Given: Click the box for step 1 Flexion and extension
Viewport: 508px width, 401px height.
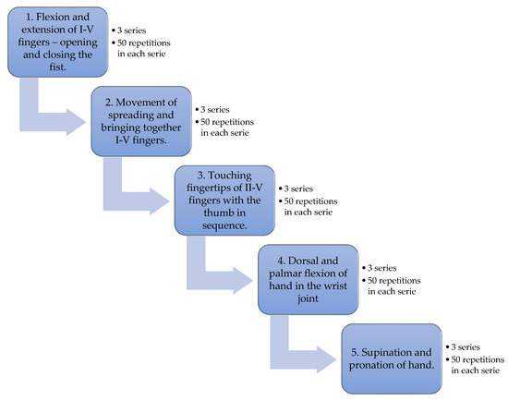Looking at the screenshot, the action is tap(57, 43).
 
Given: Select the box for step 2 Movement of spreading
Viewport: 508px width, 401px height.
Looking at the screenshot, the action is tap(141, 121).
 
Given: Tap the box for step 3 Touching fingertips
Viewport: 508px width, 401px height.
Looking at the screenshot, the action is tap(224, 200).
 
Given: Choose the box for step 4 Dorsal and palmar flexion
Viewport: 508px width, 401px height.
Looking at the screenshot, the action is tap(308, 279).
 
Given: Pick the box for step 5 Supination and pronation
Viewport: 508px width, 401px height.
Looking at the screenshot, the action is tap(392, 358).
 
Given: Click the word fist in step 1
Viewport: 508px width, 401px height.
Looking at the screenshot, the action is tap(57, 67).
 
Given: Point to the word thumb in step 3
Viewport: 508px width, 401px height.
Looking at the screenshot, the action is tap(224, 213).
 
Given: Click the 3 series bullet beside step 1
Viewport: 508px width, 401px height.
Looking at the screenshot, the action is tap(129, 30).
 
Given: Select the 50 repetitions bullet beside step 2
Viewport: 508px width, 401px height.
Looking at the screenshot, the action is tap(224, 128).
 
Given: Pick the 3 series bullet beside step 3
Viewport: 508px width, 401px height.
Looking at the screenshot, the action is tap(296, 188).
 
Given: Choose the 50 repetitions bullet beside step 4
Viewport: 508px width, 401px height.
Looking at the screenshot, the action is tap(392, 286).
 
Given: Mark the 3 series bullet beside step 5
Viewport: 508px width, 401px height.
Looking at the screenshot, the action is tap(463, 347).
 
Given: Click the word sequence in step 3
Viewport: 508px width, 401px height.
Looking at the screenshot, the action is tap(224, 225).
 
